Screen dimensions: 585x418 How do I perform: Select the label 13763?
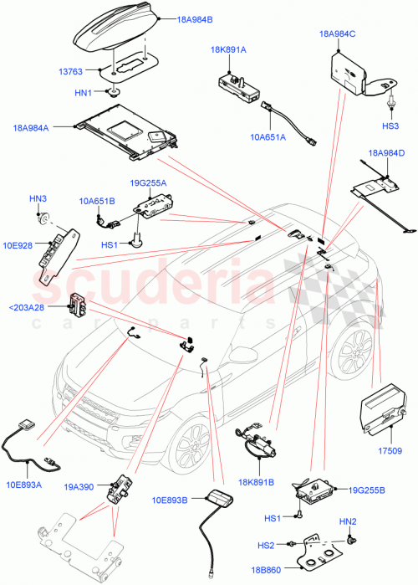click(73, 73)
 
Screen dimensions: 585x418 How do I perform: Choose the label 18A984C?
click(338, 33)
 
